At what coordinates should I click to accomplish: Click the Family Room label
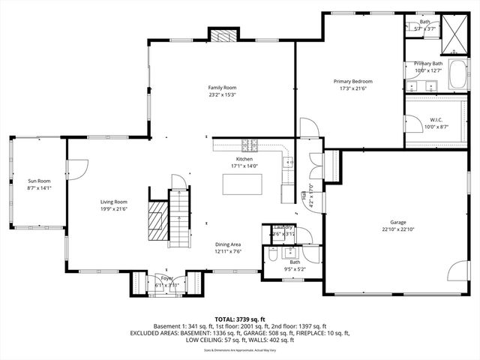222,88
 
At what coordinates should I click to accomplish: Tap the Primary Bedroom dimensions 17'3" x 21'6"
352,88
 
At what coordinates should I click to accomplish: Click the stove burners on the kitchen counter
253,145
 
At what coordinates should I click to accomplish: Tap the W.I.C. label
436,120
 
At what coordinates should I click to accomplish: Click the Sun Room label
39,181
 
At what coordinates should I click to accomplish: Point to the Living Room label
115,201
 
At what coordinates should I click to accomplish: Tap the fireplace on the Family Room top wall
222,36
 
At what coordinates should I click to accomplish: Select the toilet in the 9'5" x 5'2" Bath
271,256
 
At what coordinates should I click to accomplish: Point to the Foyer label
163,278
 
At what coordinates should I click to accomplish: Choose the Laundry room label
283,226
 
